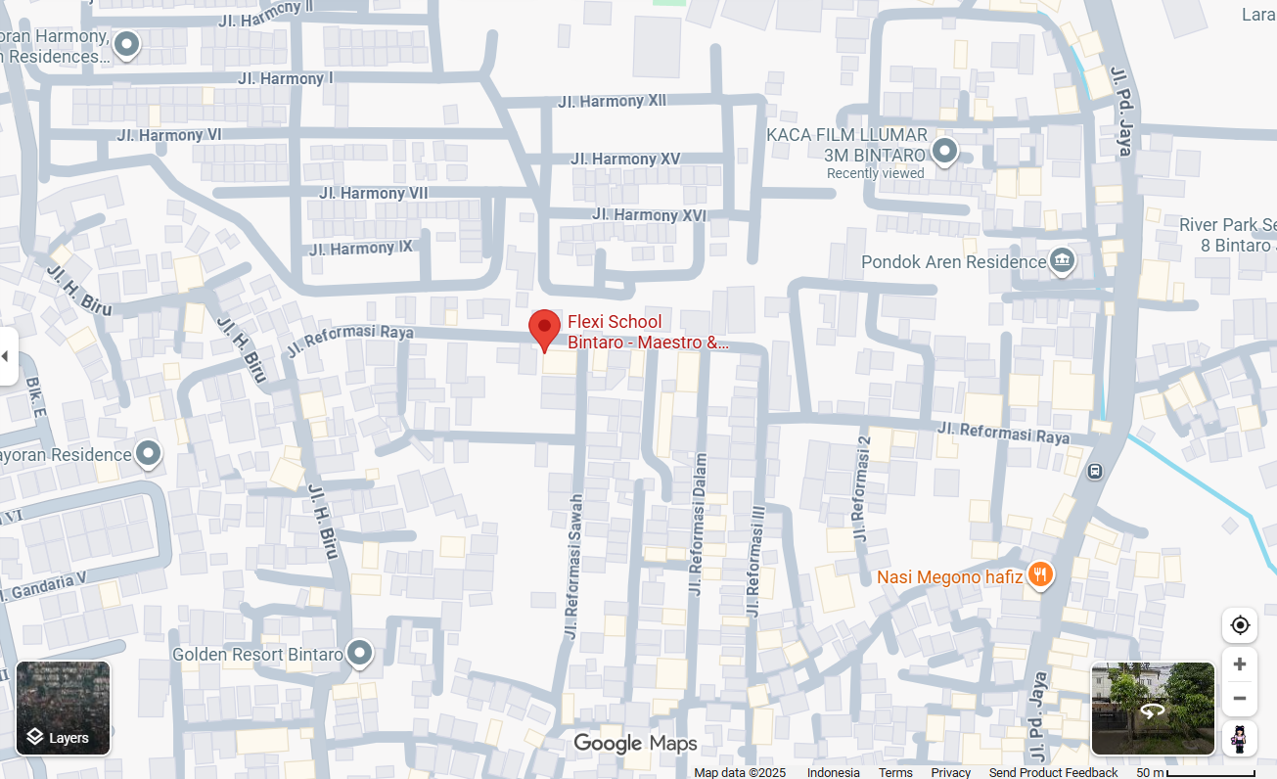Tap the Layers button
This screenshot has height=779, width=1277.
tap(63, 709)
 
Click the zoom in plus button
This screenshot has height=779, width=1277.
tap(1239, 664)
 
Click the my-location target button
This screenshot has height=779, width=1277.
tap(1239, 625)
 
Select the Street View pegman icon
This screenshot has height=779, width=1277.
tap(1239, 738)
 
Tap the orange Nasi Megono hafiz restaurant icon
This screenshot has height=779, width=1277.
tap(1040, 575)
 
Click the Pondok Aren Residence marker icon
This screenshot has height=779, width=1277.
tap(1062, 261)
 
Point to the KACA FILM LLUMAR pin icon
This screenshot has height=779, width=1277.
tap(944, 151)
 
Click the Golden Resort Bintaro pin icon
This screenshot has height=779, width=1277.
tap(360, 653)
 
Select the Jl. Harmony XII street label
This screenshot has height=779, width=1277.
tap(612, 101)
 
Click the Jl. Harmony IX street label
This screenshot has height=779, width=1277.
tap(360, 249)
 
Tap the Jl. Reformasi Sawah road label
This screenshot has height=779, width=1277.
tap(572, 568)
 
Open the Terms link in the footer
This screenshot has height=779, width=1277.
tap(895, 772)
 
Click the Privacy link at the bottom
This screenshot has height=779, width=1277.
tap(950, 772)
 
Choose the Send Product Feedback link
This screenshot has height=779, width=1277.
tap(1053, 772)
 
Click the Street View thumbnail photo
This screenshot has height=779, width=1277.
tap(1153, 709)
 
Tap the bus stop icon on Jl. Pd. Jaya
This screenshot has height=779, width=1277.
tap(1094, 471)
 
